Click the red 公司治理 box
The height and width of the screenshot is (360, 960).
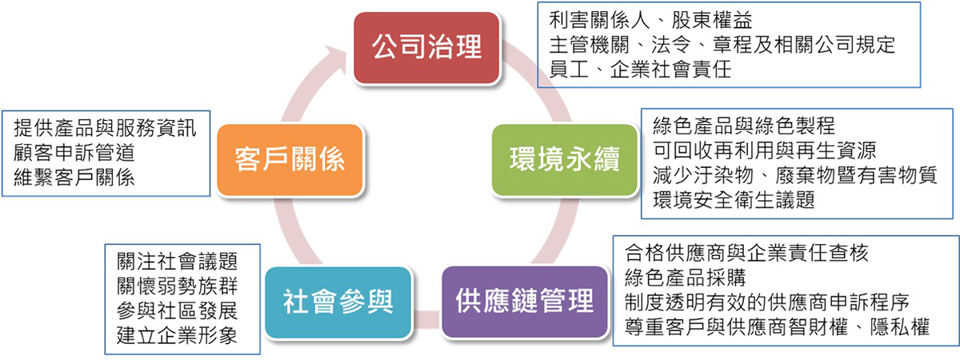point(427,47)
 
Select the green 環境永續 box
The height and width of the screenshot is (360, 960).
point(565,160)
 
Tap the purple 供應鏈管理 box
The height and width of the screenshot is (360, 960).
point(525,302)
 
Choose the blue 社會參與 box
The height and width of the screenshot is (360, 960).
point(338,302)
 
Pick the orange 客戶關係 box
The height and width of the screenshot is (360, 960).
point(290,160)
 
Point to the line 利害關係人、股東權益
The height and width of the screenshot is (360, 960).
point(650,20)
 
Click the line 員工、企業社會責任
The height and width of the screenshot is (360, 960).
point(640,70)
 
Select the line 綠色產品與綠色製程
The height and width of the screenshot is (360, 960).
point(744,126)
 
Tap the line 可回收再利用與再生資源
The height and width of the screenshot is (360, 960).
point(765,150)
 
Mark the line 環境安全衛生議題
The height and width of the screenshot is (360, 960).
point(734,200)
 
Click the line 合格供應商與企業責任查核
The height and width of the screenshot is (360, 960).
point(746,253)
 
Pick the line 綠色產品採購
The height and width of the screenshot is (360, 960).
point(686,278)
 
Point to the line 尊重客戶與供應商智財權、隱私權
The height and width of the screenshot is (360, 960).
point(777,327)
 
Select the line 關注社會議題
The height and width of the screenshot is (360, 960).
point(177,261)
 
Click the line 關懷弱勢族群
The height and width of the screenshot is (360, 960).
point(177,286)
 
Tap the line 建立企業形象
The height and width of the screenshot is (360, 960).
point(177,335)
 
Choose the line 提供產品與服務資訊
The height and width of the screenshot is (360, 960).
point(105,128)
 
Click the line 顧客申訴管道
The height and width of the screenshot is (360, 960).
point(74,153)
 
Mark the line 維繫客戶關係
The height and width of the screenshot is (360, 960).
point(74,178)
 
